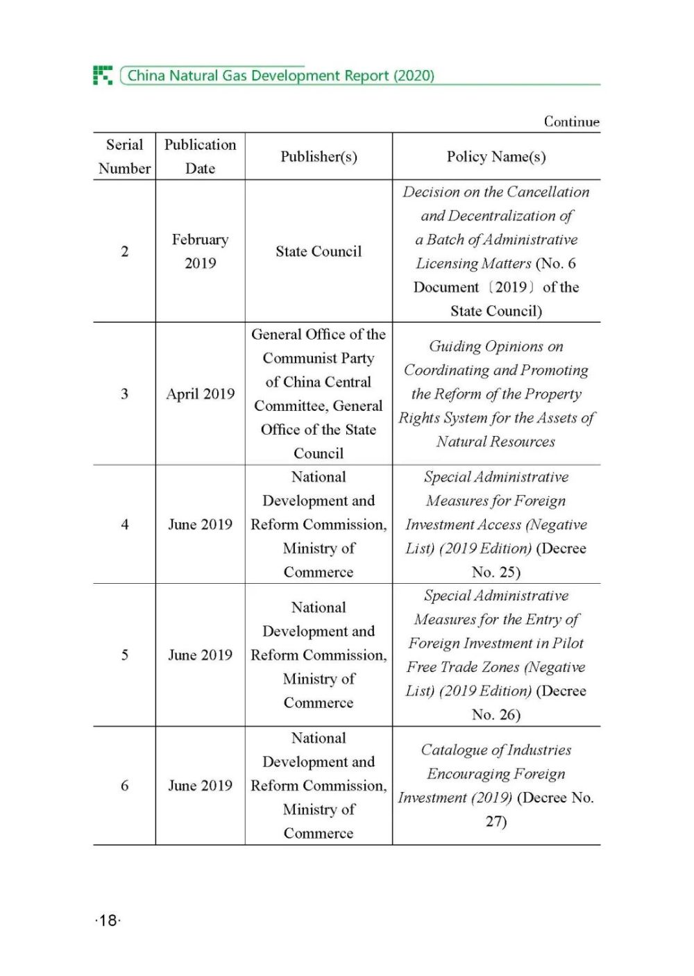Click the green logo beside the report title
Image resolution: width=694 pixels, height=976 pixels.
103,75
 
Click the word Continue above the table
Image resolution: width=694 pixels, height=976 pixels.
571,121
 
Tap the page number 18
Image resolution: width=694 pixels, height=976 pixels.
108,920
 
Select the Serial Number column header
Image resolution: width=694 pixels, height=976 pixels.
124,156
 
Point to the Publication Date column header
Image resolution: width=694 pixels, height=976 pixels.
200,156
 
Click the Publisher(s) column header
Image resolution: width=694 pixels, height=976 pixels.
319,157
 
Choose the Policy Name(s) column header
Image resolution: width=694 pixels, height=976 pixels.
496,157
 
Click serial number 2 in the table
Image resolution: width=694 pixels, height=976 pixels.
125,251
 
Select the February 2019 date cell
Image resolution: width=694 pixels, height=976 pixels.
200,251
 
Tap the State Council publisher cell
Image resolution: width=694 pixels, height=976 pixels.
319,251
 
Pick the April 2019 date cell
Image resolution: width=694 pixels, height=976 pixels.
200,394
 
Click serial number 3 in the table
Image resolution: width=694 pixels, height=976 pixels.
125,394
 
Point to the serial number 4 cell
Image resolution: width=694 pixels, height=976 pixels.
125,524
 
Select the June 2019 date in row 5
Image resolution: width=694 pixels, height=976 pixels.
200,655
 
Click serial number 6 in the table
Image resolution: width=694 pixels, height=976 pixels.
125,785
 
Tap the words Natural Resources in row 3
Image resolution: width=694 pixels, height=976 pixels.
496,441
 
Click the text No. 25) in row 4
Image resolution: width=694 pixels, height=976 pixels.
496,572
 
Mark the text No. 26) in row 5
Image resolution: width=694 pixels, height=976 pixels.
496,714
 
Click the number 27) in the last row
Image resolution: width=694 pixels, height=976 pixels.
496,821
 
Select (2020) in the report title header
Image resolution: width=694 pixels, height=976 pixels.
414,76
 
